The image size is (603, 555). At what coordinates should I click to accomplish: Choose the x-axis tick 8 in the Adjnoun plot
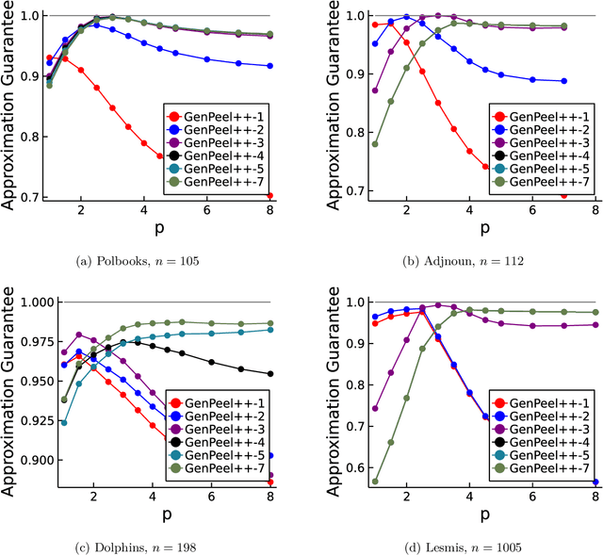pyautogui.click(x=591, y=212)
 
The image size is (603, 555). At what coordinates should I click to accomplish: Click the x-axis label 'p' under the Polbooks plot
pyautogui.click(x=173, y=231)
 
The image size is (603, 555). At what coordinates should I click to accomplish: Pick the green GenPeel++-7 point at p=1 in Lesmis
pyautogui.click(x=350, y=482)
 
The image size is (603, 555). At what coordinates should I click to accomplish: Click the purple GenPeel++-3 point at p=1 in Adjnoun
pyautogui.click(x=350, y=90)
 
